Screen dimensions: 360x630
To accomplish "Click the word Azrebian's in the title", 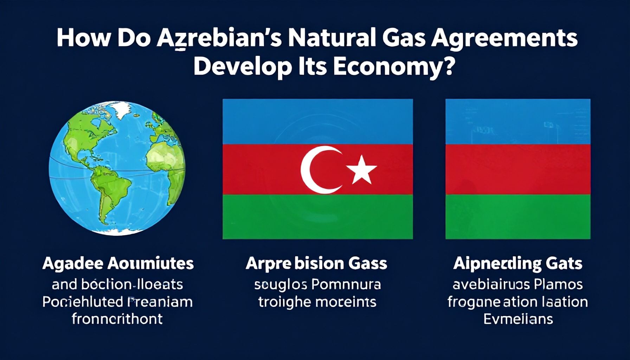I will (x=218, y=38).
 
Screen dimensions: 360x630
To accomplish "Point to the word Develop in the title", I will (x=243, y=67).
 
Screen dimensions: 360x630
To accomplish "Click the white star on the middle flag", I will (x=361, y=171).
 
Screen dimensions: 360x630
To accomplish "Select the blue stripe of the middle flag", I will (x=317, y=121).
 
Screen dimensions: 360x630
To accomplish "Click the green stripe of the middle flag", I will (x=317, y=216).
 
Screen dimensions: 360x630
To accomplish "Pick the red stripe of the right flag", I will (x=517, y=169).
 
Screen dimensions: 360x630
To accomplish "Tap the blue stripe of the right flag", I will (x=517, y=121).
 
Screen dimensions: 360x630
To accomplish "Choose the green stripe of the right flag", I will (x=517, y=216).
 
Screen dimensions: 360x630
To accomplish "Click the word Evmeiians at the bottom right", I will (x=518, y=319).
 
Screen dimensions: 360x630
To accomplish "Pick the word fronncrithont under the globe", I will (x=117, y=319).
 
